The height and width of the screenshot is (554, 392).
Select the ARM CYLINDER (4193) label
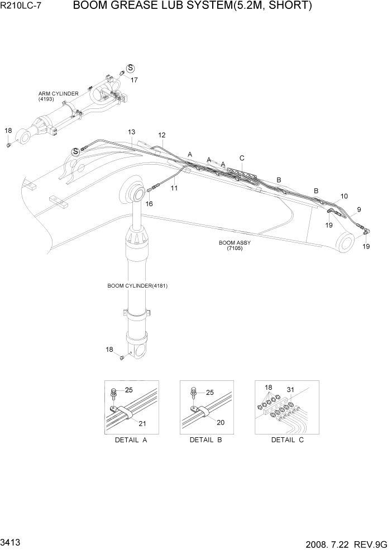[58, 96]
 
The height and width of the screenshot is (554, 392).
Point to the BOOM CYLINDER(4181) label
[137, 286]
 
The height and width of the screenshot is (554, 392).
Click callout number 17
[134, 80]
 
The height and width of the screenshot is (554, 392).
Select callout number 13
[131, 132]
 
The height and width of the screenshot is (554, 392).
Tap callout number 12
[162, 135]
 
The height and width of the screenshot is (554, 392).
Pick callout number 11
[174, 188]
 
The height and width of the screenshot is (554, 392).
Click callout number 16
[149, 204]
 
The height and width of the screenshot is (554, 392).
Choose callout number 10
[344, 196]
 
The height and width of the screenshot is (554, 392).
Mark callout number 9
[359, 210]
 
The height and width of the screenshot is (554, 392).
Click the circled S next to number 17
[131, 68]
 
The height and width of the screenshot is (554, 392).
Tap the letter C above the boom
[242, 158]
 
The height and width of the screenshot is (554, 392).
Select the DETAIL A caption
[131, 440]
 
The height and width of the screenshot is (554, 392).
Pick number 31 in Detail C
[290, 389]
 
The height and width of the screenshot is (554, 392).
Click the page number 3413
[12, 543]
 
